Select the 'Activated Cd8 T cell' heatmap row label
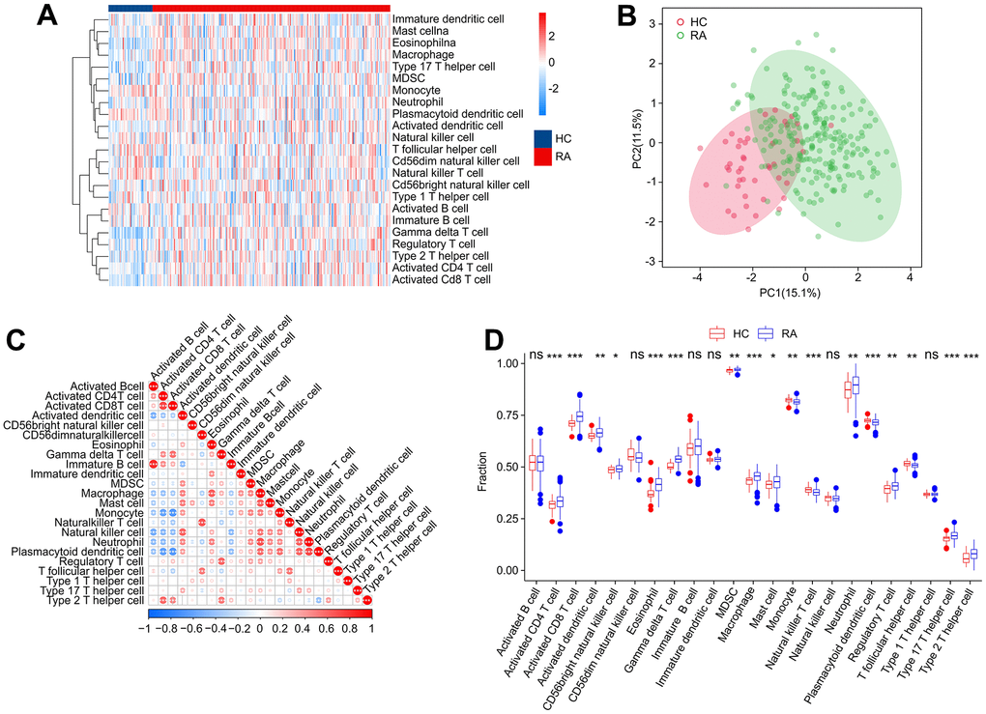[x=442, y=280]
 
